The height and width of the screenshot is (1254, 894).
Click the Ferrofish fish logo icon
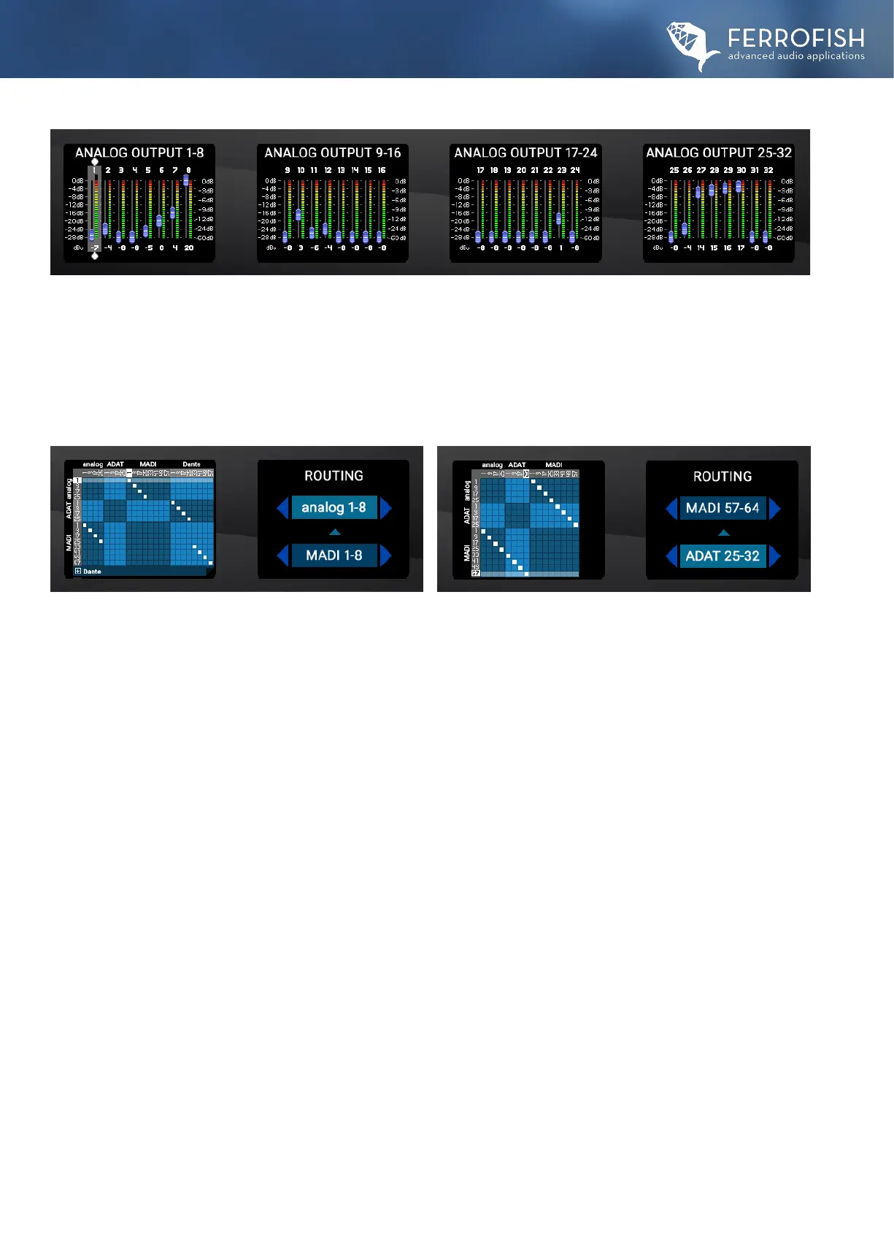[690, 45]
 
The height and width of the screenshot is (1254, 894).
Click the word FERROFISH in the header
[795, 39]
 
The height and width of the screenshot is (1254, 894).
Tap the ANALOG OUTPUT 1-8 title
[139, 153]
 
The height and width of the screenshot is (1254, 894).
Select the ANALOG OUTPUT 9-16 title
[333, 153]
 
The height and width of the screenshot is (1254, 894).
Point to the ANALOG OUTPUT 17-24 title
[525, 153]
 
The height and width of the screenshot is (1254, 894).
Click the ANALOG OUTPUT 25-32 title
[719, 153]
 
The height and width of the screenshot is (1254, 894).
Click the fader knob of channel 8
[186, 180]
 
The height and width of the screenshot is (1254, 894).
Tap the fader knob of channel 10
[298, 214]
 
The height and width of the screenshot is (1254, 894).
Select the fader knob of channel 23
[559, 218]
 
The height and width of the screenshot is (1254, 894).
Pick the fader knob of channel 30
[739, 186]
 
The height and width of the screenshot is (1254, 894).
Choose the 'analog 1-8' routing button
[334, 507]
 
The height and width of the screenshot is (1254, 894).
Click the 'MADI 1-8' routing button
[334, 555]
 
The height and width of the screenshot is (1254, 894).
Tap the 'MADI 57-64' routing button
[722, 508]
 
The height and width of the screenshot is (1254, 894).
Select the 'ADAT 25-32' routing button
[722, 556]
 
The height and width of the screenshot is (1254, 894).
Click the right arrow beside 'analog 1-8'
[386, 507]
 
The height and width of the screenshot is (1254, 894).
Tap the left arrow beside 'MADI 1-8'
[282, 555]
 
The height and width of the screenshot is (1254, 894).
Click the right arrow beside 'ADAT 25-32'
[775, 556]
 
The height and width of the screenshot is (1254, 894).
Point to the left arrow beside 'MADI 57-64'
[671, 508]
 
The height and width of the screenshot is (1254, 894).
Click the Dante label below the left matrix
[92, 572]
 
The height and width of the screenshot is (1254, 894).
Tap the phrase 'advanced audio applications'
[796, 56]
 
